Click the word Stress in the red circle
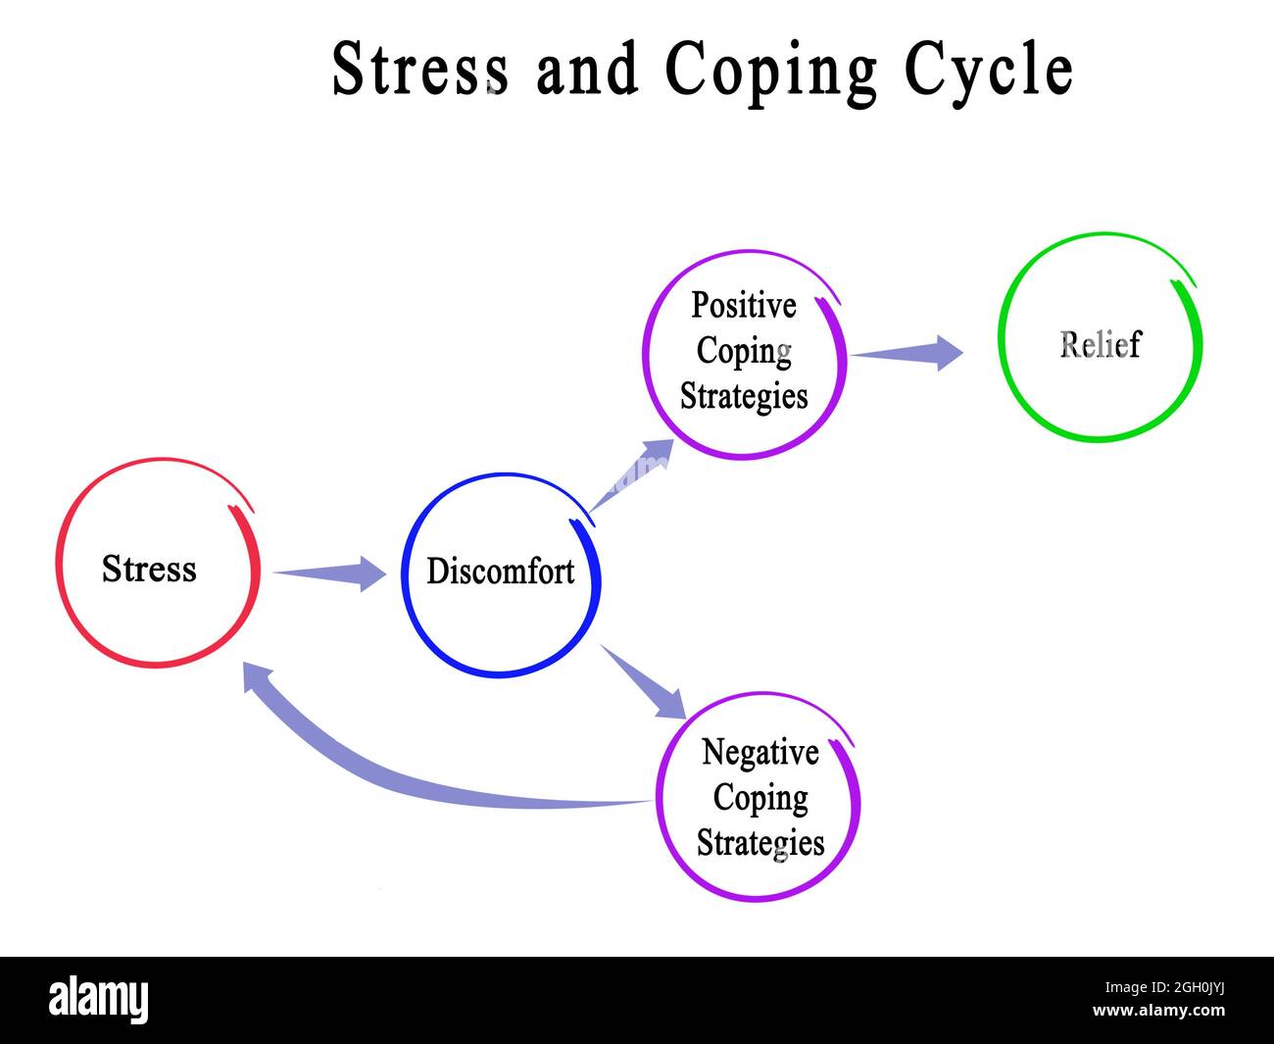[x=149, y=570]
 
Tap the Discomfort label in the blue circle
[x=500, y=571]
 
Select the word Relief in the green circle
[x=1100, y=345]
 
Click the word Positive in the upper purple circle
[x=743, y=306]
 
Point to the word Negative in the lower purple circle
[x=759, y=753]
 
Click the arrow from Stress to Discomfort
[x=333, y=573]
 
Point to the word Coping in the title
[x=770, y=72]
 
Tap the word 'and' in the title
[x=586, y=70]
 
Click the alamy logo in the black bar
[x=99, y=1000]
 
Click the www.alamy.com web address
[x=1158, y=1011]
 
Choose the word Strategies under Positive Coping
[x=744, y=396]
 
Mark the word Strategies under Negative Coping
[x=759, y=843]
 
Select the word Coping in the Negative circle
[x=759, y=798]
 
